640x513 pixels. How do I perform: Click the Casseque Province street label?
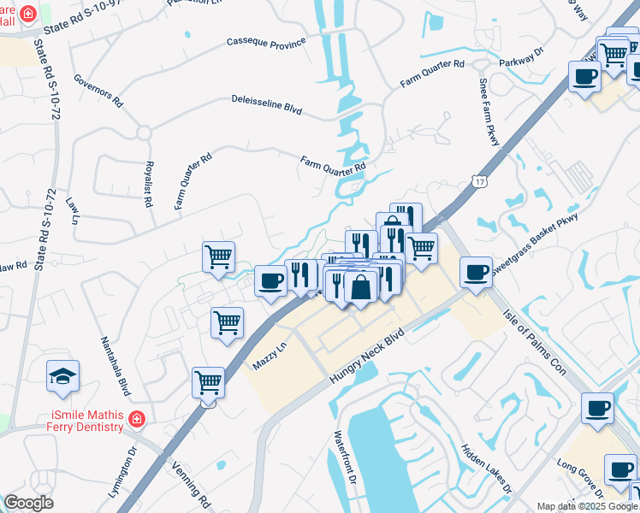tap(266, 42)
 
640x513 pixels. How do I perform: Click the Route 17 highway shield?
tap(477, 182)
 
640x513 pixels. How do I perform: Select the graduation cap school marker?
tap(62, 376)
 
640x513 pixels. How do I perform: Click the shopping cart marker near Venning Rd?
tap(208, 382)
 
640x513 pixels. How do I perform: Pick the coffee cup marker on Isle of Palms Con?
tap(596, 408)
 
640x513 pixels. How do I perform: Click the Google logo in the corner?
tap(28, 503)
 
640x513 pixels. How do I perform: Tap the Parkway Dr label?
tap(526, 56)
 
